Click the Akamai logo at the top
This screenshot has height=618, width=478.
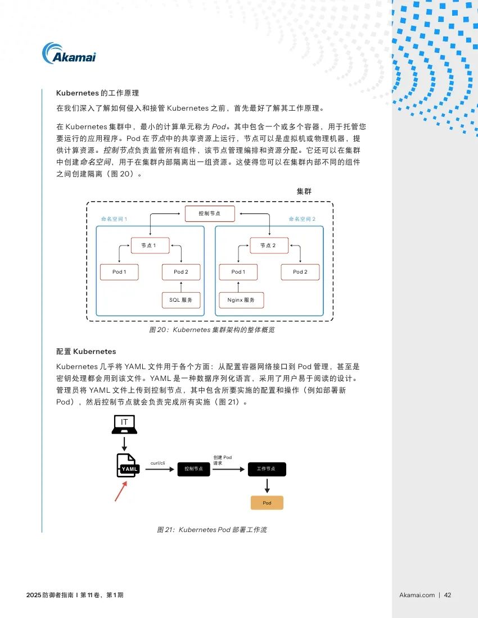coord(69,53)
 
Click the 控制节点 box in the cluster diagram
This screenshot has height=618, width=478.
coord(210,213)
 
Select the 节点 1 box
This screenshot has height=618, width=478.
coord(150,245)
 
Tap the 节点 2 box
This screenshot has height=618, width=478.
coord(269,245)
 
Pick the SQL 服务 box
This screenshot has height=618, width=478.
coord(181,300)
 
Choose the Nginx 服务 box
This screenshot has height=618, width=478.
coord(241,300)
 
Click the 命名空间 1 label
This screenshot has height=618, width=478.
coord(114,219)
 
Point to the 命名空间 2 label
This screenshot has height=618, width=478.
coord(302,219)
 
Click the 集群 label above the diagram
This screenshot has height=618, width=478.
coord(304,191)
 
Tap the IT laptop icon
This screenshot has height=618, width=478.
coord(124,425)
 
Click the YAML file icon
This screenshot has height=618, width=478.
coord(128,466)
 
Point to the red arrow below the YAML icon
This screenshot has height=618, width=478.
coord(121,491)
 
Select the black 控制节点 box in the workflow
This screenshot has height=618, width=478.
coord(193,469)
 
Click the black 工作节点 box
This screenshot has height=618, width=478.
coord(267,469)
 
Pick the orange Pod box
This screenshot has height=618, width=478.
coord(267,503)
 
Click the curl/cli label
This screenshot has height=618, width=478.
coord(158,463)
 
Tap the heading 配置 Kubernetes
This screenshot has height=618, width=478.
coord(86,352)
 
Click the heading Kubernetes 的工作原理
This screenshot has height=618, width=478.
coord(97,93)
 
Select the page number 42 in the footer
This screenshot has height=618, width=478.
coord(448,595)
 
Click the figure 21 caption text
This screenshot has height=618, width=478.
coord(212,530)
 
